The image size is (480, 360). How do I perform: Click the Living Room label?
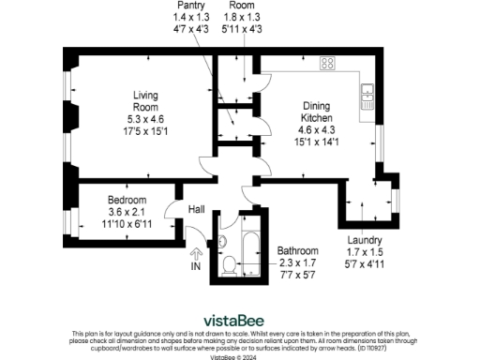coord(145,100)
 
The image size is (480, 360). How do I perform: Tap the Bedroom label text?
coord(126,202)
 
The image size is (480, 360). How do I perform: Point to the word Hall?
coord(197,210)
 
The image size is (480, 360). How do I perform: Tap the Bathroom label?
coord(298,251)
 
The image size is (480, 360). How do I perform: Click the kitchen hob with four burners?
coord(328,64)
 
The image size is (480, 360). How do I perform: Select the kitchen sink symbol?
coord(366,93)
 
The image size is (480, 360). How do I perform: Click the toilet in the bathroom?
coord(228,262)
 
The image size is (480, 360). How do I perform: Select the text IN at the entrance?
coord(196,267)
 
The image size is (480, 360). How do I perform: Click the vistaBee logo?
coord(239,319)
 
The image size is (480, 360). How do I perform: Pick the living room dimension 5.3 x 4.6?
coord(145,119)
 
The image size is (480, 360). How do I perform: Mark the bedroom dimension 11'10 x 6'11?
coord(126,224)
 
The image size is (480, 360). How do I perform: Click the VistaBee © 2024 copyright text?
coord(239,356)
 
